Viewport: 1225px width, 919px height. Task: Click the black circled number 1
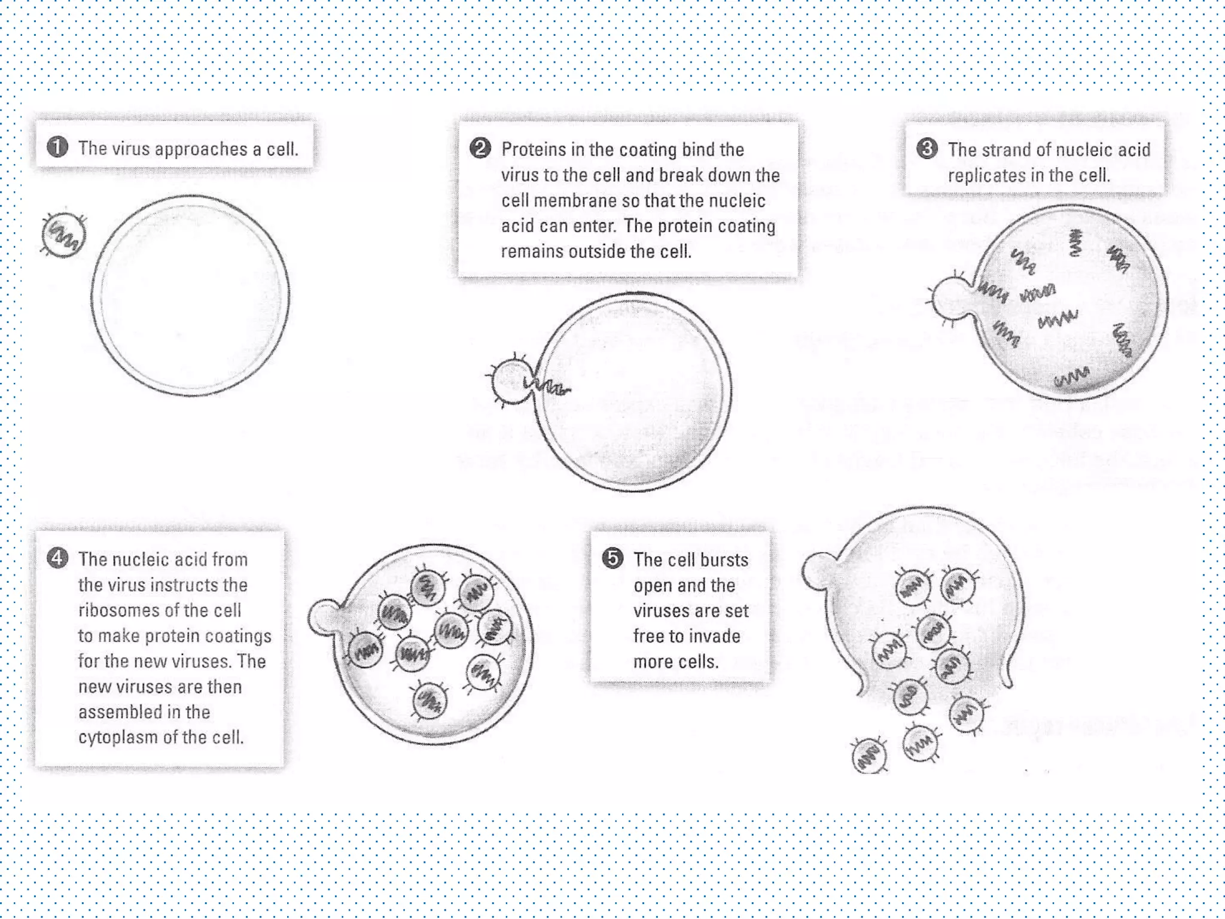coord(57,147)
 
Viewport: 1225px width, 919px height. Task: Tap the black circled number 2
coord(480,148)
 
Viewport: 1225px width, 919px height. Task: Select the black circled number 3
coord(927,148)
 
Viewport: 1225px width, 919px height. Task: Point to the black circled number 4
coord(57,558)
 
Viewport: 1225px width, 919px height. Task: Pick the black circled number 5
coord(612,558)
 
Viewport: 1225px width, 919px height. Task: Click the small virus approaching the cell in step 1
coord(63,235)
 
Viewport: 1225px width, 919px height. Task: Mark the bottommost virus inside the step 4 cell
coord(429,701)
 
